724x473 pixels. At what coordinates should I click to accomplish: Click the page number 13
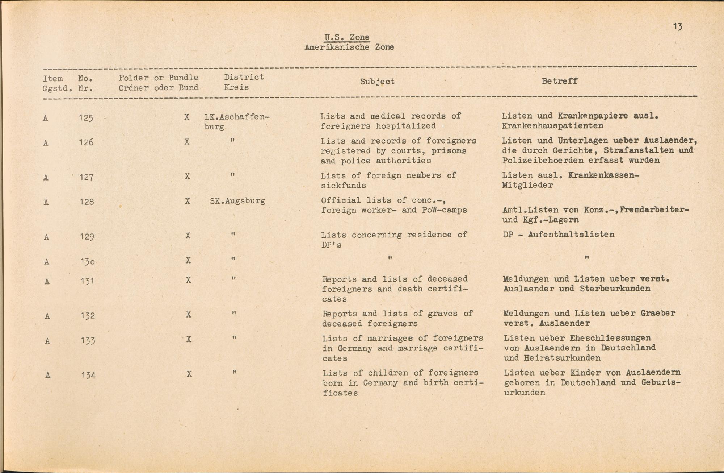pyautogui.click(x=678, y=26)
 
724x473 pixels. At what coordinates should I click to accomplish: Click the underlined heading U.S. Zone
pyautogui.click(x=347, y=37)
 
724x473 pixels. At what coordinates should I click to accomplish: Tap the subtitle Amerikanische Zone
pyautogui.click(x=349, y=47)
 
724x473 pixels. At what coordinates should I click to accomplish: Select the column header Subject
pyautogui.click(x=377, y=82)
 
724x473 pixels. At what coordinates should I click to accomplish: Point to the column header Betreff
pyautogui.click(x=560, y=81)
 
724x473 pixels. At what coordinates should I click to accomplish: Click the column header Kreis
pyautogui.click(x=236, y=87)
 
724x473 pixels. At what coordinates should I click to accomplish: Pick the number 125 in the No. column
pyautogui.click(x=86, y=118)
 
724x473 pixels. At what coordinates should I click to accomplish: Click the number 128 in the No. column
pyautogui.click(x=87, y=202)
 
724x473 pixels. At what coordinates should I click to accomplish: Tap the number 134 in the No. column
pyautogui.click(x=88, y=376)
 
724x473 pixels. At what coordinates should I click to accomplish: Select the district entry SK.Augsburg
pyautogui.click(x=237, y=201)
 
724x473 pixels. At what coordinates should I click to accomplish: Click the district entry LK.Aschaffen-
pyautogui.click(x=237, y=117)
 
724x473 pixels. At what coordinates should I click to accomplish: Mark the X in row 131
pyautogui.click(x=188, y=280)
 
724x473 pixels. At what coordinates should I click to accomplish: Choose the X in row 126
pyautogui.click(x=187, y=142)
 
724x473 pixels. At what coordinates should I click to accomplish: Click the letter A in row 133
pyautogui.click(x=47, y=341)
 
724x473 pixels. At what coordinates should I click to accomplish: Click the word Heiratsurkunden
pyautogui.click(x=562, y=358)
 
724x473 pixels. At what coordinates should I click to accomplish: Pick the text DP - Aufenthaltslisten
pyautogui.click(x=559, y=235)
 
